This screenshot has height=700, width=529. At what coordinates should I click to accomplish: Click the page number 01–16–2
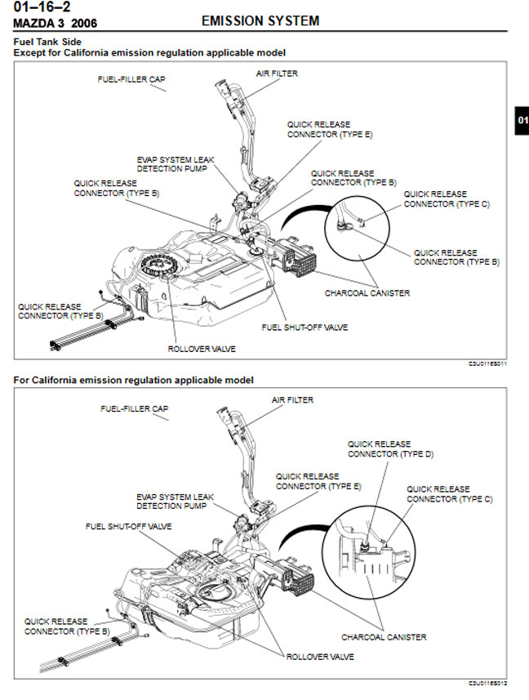point(42,7)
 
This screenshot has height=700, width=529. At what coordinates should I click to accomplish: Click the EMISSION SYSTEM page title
point(260,21)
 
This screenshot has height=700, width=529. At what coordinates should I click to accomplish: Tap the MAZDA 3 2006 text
point(56,23)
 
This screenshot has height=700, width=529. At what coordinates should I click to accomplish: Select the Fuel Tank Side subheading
point(47,42)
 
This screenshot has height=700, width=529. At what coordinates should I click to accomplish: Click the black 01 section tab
point(522,120)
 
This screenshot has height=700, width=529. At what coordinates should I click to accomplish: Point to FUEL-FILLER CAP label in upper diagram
point(131,79)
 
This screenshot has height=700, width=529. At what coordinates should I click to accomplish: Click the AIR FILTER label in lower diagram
point(292,400)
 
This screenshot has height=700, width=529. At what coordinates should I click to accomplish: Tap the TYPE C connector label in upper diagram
point(447,199)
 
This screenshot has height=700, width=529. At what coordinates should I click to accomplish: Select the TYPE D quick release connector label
point(390,449)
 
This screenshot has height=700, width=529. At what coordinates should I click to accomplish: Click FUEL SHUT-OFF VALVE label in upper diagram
point(305,328)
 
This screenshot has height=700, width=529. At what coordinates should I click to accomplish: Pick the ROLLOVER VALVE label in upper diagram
point(202,349)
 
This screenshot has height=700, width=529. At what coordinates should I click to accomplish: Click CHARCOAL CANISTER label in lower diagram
point(384,637)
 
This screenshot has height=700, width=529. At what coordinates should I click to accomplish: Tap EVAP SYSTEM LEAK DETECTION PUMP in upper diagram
point(176,164)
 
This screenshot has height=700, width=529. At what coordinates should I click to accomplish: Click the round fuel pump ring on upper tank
point(159,266)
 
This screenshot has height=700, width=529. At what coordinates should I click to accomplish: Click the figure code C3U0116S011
point(487,363)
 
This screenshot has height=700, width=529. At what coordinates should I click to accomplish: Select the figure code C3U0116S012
point(487,683)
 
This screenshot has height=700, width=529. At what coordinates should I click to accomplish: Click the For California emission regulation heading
point(133,381)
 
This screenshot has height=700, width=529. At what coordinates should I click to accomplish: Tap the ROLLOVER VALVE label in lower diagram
point(320,658)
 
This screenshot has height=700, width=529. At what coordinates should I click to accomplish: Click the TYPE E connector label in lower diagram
point(318,481)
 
